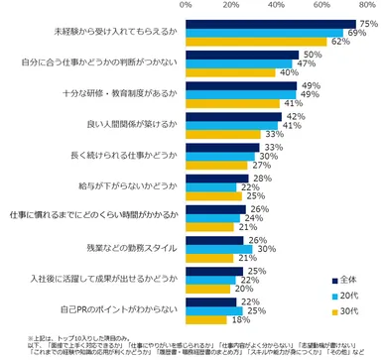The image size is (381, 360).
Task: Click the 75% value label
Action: [367, 23]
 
